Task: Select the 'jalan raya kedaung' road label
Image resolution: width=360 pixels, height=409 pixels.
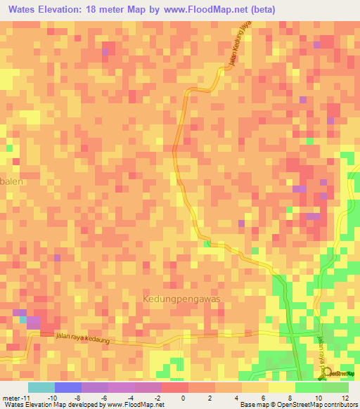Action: point(82,339)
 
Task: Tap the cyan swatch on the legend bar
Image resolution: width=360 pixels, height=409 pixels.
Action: point(41,387)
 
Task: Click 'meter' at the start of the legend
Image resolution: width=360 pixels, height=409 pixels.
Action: point(12,397)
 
